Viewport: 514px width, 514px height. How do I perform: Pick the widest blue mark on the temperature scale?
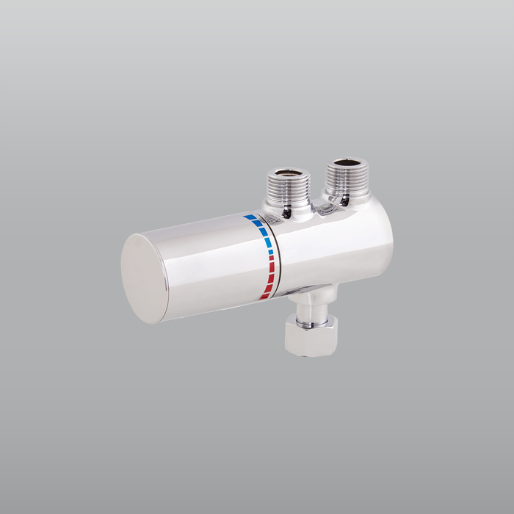[250, 218]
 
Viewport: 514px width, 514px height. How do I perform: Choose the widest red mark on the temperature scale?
[265, 295]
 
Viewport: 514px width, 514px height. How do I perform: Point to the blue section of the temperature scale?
[263, 231]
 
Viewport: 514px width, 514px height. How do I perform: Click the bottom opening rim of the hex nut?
[308, 351]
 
